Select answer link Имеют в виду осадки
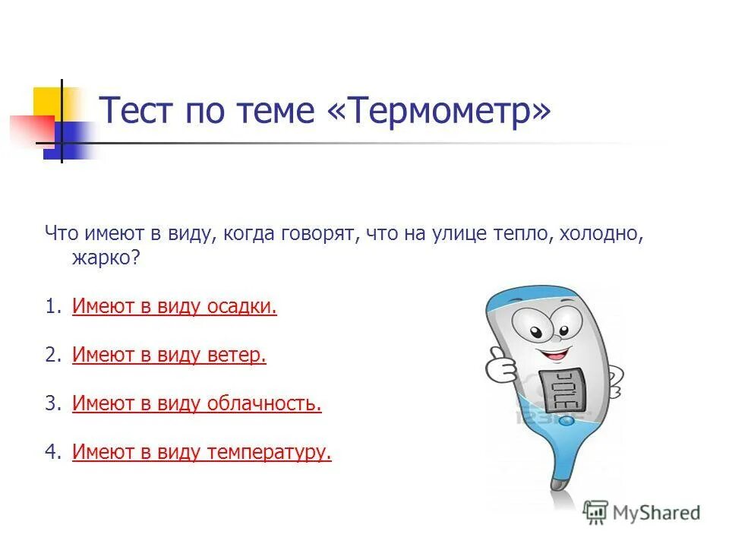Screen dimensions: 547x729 [x=175, y=307]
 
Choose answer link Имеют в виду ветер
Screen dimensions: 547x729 [x=169, y=356]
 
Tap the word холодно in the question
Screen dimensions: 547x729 [x=600, y=234]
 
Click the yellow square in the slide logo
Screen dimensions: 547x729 [x=47, y=102]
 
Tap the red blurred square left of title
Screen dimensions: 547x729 [x=30, y=129]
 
